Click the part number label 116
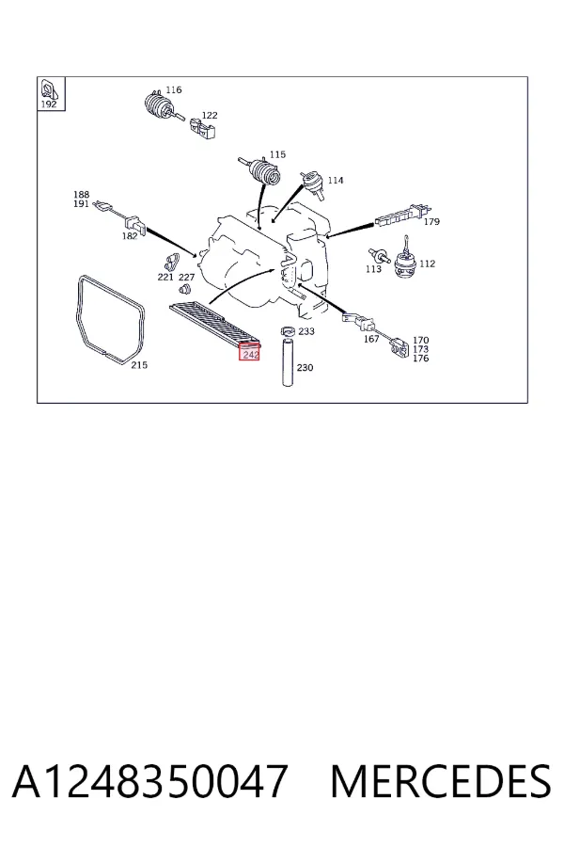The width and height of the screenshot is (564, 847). click(173, 89)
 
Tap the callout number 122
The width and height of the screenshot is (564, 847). click(210, 115)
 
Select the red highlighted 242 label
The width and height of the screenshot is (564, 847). click(250, 354)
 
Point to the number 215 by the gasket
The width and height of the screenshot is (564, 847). click(139, 364)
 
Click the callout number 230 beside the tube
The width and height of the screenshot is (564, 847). click(305, 367)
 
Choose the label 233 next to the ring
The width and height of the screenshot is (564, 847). click(306, 331)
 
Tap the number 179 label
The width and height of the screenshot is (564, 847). click(431, 221)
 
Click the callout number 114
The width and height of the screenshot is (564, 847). click(336, 180)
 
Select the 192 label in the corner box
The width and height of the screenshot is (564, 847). click(49, 104)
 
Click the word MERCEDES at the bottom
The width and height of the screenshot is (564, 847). click(441, 781)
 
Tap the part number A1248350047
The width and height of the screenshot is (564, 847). click(149, 781)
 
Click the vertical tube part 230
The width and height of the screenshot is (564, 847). click(288, 362)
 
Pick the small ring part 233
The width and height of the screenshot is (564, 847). click(287, 330)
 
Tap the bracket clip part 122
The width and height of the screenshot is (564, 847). click(202, 129)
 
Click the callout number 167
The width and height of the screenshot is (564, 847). click(370, 339)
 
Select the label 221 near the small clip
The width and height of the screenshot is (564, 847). click(165, 277)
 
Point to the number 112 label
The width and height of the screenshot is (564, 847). click(427, 264)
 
